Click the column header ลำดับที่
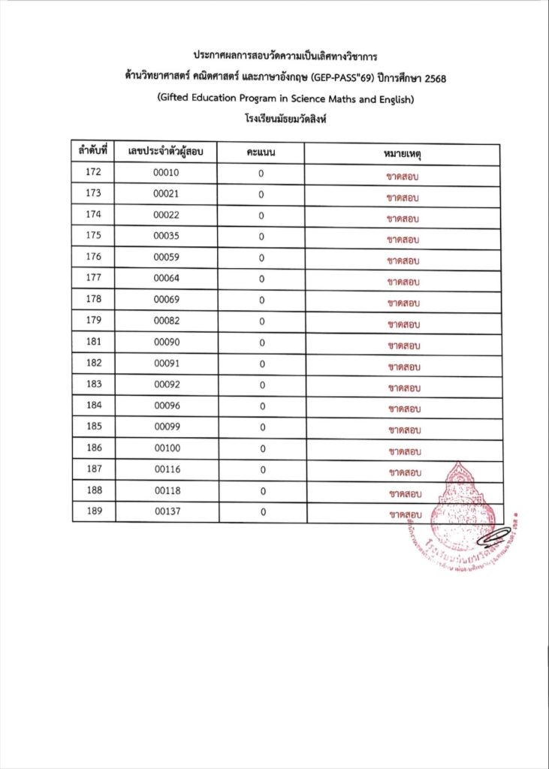pyautogui.click(x=93, y=152)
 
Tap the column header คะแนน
pyautogui.click(x=261, y=152)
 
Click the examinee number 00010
pyautogui.click(x=166, y=173)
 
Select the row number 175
pyautogui.click(x=93, y=236)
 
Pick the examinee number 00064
pyautogui.click(x=166, y=279)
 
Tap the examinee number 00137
pyautogui.click(x=166, y=511)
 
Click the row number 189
pyautogui.click(x=93, y=511)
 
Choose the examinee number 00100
pyautogui.click(x=166, y=448)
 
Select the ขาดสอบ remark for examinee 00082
pyautogui.click(x=403, y=324)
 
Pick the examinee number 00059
pyautogui.click(x=166, y=258)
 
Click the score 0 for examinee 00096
pyautogui.click(x=261, y=406)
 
